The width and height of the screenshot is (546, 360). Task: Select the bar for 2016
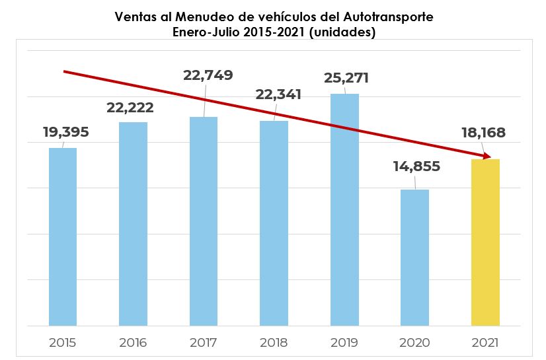pyautogui.click(x=133, y=224)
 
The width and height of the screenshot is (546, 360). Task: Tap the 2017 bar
pyautogui.click(x=204, y=221)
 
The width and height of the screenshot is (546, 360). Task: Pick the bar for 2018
pyautogui.click(x=274, y=223)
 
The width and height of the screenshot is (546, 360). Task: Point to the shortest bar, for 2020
pyautogui.click(x=414, y=258)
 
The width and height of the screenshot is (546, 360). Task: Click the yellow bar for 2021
pyautogui.click(x=485, y=242)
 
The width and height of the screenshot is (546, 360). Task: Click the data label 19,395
pyautogui.click(x=65, y=132)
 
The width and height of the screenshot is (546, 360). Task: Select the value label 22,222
pyautogui.click(x=136, y=107)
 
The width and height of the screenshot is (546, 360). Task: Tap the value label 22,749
pyautogui.click(x=208, y=75)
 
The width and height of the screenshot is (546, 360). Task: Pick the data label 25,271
pyautogui.click(x=346, y=78)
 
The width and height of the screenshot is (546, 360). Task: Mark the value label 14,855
pyautogui.click(x=416, y=166)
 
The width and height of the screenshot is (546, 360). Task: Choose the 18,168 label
pyautogui.click(x=483, y=133)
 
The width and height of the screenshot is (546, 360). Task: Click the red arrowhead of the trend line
pyautogui.click(x=488, y=157)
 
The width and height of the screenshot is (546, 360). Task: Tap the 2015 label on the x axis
pyautogui.click(x=63, y=343)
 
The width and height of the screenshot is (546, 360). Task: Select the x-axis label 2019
pyautogui.click(x=344, y=343)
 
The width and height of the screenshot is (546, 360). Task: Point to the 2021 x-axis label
pyautogui.click(x=485, y=343)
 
